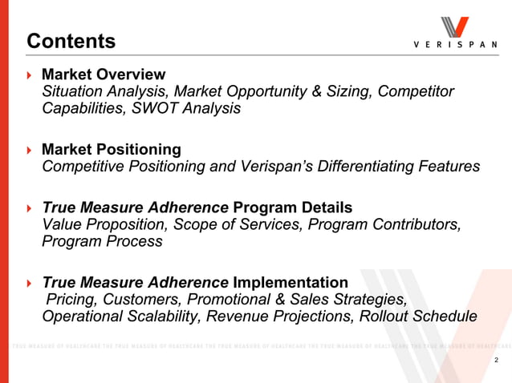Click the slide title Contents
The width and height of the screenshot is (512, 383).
click(x=71, y=41)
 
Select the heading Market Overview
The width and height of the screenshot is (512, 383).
click(x=104, y=75)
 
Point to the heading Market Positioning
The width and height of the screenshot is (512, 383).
click(x=111, y=150)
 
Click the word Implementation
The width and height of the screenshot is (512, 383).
click(x=291, y=282)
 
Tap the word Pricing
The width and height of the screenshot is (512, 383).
click(x=72, y=300)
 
